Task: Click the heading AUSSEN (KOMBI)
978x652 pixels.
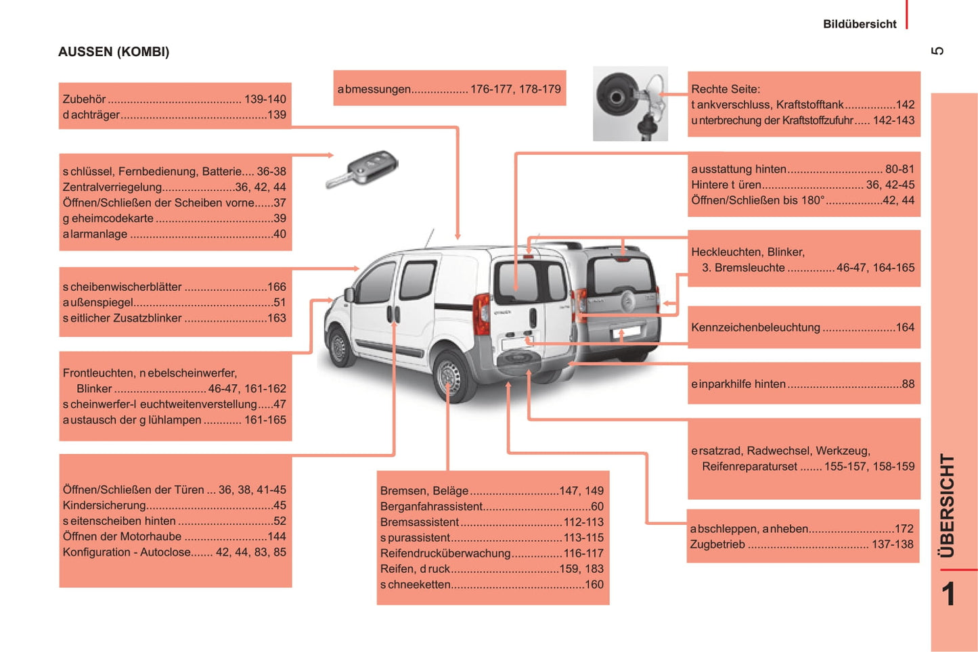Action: click(x=114, y=52)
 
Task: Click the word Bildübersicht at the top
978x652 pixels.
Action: click(x=860, y=24)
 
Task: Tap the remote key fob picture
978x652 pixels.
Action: click(x=362, y=169)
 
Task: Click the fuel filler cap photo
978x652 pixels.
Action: click(x=630, y=104)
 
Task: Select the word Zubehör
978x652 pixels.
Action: click(x=85, y=99)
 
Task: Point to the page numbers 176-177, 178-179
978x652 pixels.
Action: click(x=515, y=89)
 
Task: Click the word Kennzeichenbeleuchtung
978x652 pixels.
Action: click(x=755, y=327)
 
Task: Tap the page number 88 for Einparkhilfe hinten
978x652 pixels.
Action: click(x=908, y=384)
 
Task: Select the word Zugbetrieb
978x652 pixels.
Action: click(x=717, y=544)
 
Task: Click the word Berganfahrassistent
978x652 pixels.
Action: click(x=431, y=506)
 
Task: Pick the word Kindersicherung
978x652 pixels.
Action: click(x=104, y=505)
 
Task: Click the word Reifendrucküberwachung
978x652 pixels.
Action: click(x=445, y=553)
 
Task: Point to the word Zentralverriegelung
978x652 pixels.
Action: click(x=112, y=187)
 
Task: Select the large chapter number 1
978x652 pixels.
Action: click(x=948, y=595)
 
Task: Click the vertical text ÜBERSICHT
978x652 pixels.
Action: click(x=947, y=506)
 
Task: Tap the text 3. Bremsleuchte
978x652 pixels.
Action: click(x=743, y=268)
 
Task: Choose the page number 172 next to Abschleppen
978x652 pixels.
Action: click(x=904, y=529)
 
